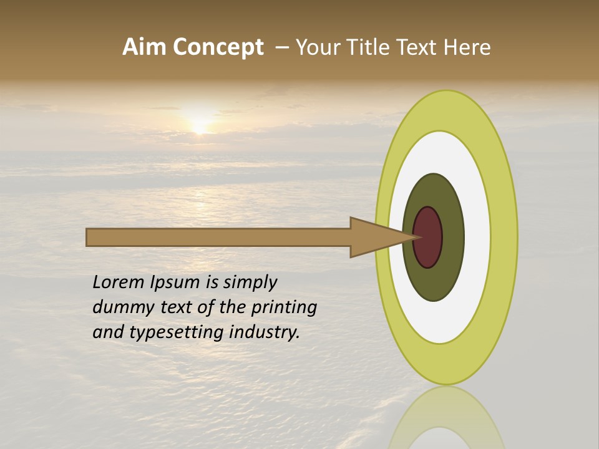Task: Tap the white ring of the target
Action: point(477,237)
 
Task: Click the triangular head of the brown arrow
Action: point(374,237)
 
